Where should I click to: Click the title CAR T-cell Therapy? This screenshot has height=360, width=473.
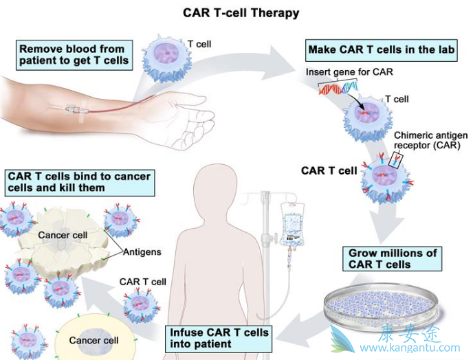point(241,12)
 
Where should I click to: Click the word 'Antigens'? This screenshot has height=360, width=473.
point(142,252)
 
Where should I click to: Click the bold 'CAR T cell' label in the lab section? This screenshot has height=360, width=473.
point(329,171)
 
